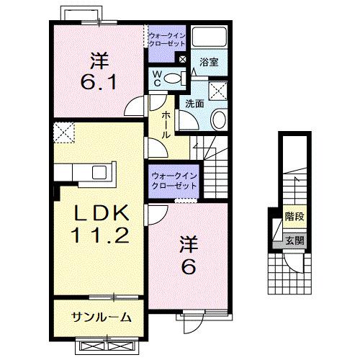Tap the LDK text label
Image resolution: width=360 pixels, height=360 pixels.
tap(99, 213)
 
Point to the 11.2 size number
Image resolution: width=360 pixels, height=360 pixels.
tap(99, 235)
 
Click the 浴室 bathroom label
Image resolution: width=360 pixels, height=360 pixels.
tap(209, 63)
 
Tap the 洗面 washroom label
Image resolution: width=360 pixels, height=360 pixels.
tap(194, 103)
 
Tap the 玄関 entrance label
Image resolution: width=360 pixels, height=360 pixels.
tap(293, 240)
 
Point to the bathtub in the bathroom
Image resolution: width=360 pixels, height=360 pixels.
tap(212, 38)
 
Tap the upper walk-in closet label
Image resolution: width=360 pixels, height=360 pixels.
tap(166, 37)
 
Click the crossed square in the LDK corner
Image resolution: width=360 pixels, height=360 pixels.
tap(64, 133)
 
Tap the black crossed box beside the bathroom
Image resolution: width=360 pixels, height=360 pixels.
tap(183, 60)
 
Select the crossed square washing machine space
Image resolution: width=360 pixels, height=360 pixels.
tap(218, 90)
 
